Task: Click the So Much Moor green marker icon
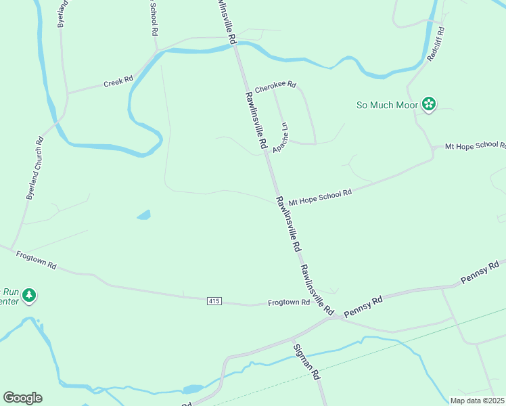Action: [x=428, y=104]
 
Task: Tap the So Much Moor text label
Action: [x=387, y=105]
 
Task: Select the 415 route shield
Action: [x=214, y=300]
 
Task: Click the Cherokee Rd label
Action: [x=275, y=85]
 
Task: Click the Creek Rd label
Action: [x=118, y=82]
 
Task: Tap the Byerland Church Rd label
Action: [x=34, y=168]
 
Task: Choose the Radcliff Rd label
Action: [x=435, y=45]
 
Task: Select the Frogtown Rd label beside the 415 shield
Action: [x=288, y=302]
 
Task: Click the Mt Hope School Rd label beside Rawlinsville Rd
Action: [x=320, y=198]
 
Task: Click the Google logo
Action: [x=22, y=398]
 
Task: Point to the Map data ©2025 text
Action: [x=476, y=401]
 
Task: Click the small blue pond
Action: [x=143, y=215]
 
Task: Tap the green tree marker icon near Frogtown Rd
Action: [x=28, y=296]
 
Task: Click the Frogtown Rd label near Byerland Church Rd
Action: [x=36, y=259]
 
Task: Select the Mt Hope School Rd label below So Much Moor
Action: [x=474, y=145]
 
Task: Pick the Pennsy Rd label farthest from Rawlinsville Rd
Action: [x=480, y=271]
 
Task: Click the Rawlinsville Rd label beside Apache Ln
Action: [x=255, y=121]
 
